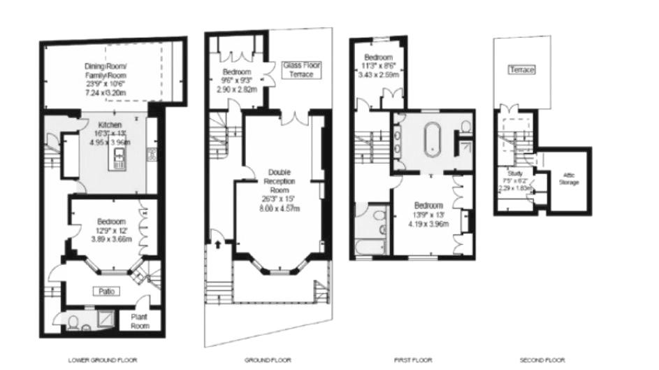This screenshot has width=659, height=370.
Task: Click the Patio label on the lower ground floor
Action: pyautogui.click(x=106, y=291)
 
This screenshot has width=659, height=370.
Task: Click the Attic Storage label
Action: pyautogui.click(x=570, y=179)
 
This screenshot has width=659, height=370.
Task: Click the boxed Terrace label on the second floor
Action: pyautogui.click(x=521, y=71)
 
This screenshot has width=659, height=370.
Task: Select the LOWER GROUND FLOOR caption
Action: pyautogui.click(x=102, y=360)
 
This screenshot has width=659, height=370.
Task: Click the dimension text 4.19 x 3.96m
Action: pyautogui.click(x=428, y=224)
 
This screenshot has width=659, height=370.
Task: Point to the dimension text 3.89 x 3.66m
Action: pyautogui.click(x=106, y=239)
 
